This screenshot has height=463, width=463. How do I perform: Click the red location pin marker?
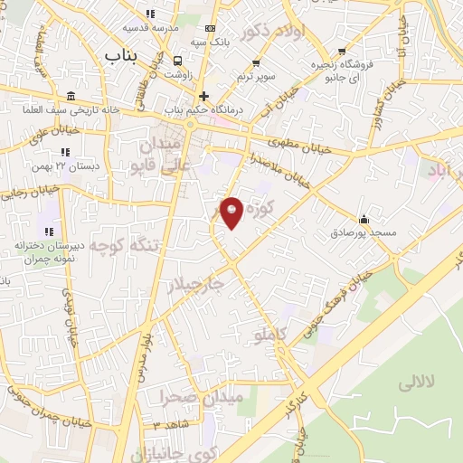point(232,213)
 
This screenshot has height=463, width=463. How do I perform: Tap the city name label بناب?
point(124,56)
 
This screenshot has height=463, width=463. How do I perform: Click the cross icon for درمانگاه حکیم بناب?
point(204,96)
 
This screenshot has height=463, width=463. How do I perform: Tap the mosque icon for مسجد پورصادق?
point(364,219)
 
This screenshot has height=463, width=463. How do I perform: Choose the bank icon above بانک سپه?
point(211,29)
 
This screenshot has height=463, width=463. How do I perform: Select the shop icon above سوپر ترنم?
point(257,63)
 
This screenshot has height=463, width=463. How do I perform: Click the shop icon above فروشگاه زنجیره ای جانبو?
point(341,52)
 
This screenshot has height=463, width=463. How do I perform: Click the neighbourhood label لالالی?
point(417,383)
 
